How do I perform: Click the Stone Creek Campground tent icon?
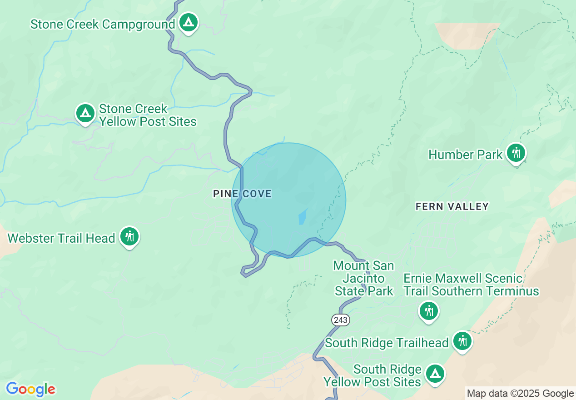[x=189, y=22]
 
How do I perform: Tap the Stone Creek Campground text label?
[x=103, y=24]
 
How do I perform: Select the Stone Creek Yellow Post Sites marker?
[x=85, y=113]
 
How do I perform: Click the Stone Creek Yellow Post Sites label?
[x=148, y=115]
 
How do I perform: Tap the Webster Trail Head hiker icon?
[x=129, y=236]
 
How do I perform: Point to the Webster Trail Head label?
[x=61, y=238]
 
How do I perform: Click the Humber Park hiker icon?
[x=516, y=152]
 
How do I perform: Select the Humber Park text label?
[x=466, y=155]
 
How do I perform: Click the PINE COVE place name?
[x=242, y=194]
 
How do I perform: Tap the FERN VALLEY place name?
[x=452, y=207]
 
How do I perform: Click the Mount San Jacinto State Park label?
[x=363, y=278]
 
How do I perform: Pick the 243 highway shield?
[x=340, y=320]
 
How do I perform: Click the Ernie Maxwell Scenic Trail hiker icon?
[x=429, y=311]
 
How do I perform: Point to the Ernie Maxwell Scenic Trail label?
[x=471, y=285]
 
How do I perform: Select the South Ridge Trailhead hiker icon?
[x=462, y=340]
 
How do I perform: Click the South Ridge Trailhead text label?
[x=387, y=343]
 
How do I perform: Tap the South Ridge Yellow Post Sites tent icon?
[x=435, y=374]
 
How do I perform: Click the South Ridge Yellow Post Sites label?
[x=372, y=375]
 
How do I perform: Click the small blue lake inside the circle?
[x=303, y=216]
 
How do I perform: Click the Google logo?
[x=30, y=389]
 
